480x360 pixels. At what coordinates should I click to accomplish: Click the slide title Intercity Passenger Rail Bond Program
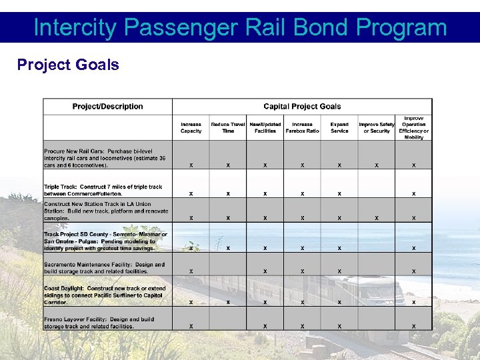[240, 27]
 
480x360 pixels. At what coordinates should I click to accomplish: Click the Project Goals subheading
[68, 65]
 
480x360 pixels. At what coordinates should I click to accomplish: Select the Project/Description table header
[107, 107]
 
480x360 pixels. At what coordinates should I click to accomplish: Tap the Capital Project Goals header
[302, 107]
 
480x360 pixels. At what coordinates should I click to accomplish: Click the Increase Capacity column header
[191, 127]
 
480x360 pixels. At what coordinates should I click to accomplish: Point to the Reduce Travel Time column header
[228, 127]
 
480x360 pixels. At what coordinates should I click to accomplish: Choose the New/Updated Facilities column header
[265, 127]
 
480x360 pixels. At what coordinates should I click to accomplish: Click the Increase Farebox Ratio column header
[302, 127]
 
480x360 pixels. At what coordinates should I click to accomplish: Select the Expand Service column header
[339, 127]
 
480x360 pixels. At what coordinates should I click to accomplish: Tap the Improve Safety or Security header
[377, 127]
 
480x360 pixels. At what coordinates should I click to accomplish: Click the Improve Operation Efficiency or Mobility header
[413, 127]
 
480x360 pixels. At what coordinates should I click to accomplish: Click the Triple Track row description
[103, 190]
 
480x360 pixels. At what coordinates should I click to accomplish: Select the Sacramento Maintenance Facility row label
[105, 268]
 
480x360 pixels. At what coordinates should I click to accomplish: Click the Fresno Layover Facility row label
[99, 323]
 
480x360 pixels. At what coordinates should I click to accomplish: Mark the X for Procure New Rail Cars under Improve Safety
[377, 165]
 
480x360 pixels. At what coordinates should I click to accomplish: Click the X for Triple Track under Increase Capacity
[191, 193]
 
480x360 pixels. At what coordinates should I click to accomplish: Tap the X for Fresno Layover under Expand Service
[339, 326]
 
